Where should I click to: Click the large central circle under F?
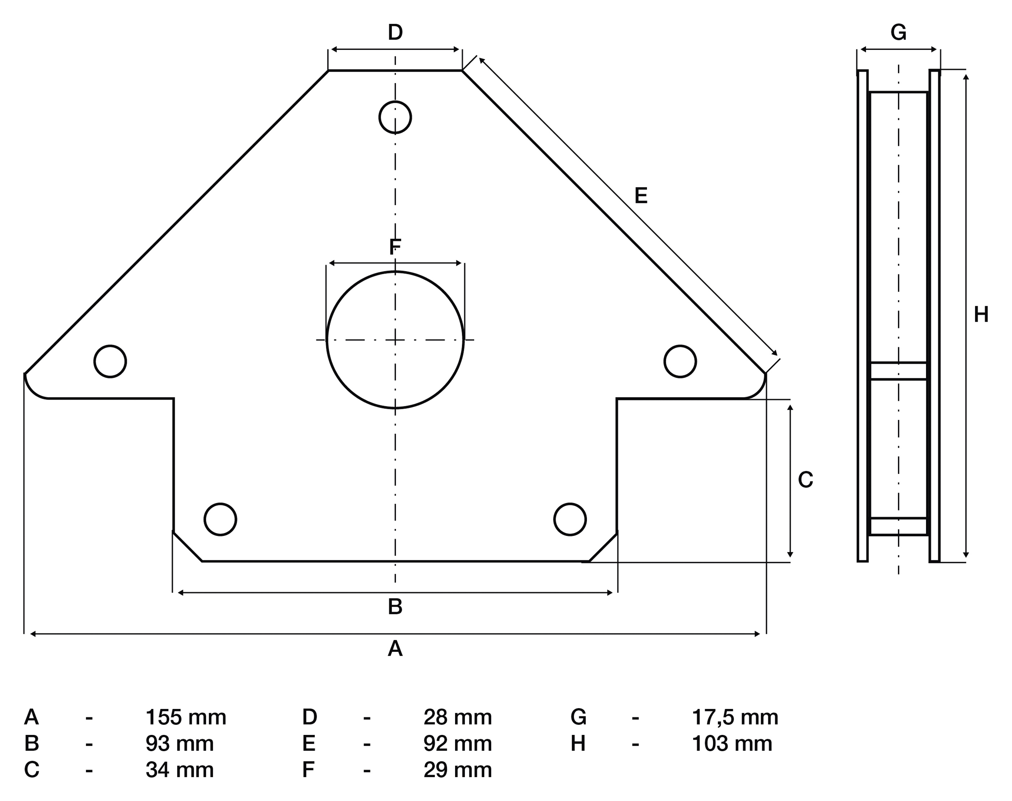click(x=395, y=339)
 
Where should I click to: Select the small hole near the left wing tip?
click(x=110, y=361)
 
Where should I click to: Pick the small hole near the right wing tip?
click(x=680, y=361)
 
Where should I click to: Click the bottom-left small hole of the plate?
click(x=220, y=519)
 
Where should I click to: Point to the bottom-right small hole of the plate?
click(x=570, y=519)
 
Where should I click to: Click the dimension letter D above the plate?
click(x=395, y=33)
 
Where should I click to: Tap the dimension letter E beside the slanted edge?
click(x=641, y=196)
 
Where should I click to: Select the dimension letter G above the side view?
click(x=899, y=33)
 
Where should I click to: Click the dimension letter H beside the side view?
click(x=981, y=315)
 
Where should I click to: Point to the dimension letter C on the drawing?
click(x=806, y=480)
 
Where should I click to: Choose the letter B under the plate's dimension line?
click(x=395, y=607)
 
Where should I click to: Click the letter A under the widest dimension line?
click(x=395, y=649)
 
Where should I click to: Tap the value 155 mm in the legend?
click(x=186, y=717)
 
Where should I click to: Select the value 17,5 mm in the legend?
click(x=735, y=717)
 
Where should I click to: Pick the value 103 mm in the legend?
click(x=732, y=743)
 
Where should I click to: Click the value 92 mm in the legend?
click(x=458, y=743)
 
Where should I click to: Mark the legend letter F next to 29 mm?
click(x=308, y=770)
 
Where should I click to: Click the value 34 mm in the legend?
click(x=180, y=770)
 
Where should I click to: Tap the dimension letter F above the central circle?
click(x=395, y=247)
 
